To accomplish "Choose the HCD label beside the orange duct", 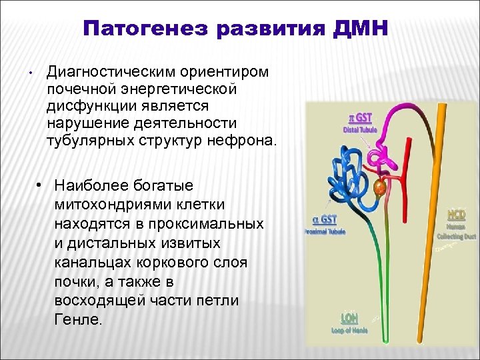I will click(457, 215).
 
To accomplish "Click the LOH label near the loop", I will click(349, 318).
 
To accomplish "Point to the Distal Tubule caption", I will click(360, 129).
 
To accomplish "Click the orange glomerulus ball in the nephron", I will click(380, 188).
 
